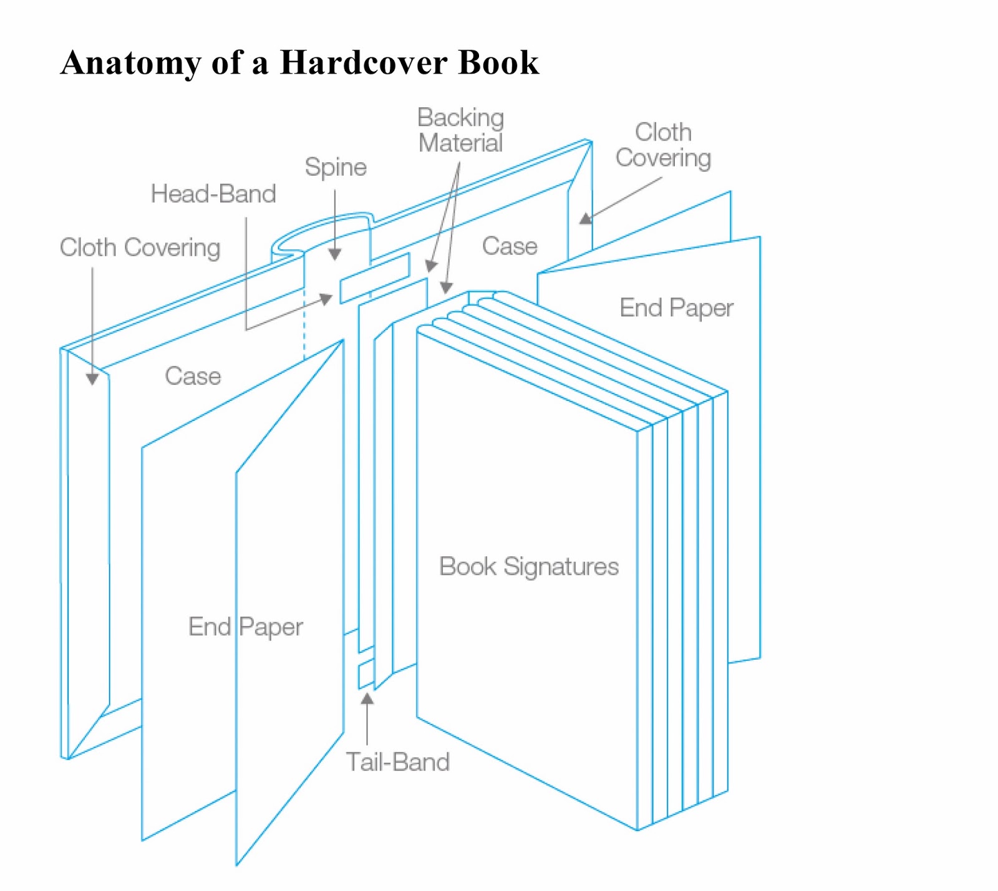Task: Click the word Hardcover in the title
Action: pos(363,62)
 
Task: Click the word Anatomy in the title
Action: pos(130,64)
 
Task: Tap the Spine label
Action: pos(336,167)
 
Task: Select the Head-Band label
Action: pos(213,194)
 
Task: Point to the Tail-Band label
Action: pos(398,762)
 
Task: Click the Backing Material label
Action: pos(461,130)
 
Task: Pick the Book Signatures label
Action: pos(529,566)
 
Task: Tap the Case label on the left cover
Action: pos(193,376)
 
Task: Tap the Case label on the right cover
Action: pos(510,246)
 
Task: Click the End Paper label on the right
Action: pos(676,308)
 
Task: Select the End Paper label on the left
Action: pos(246,627)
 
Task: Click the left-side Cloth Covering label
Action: pos(140,248)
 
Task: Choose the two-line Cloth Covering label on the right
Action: pos(663,145)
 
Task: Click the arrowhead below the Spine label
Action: pos(335,254)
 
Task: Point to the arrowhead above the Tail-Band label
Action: pos(367,699)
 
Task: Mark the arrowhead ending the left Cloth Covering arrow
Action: pos(92,379)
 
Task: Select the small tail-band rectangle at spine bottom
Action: pos(366,675)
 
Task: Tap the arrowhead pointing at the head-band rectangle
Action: pos(326,298)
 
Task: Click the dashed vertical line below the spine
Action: pos(304,324)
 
